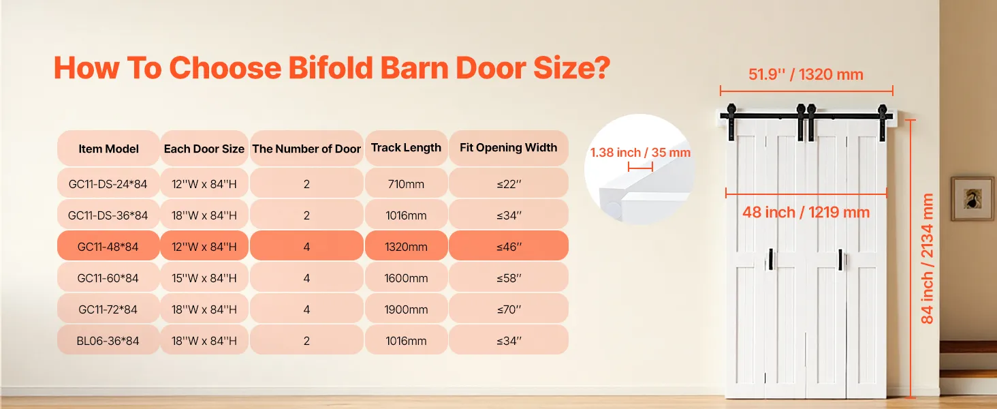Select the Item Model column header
pos(108,149)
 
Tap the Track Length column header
pos(406,147)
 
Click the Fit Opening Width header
pos(508,147)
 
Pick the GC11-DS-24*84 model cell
pos(108,183)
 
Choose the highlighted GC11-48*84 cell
pos(108,246)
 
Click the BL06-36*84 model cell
pos(108,340)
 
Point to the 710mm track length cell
pos(406,183)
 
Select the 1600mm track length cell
pos(406,277)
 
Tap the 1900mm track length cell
pos(406,309)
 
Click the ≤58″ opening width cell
pos(509,277)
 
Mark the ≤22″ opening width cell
pos(509,183)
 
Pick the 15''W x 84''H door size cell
pos(204,277)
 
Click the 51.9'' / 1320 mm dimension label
pos(806,74)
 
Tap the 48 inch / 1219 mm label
pos(806,212)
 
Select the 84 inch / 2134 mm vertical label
pos(927,258)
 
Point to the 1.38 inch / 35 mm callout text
pos(640,153)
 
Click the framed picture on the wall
pos(972,199)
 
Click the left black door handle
pos(770,259)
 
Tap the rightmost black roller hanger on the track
pos(882,123)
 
